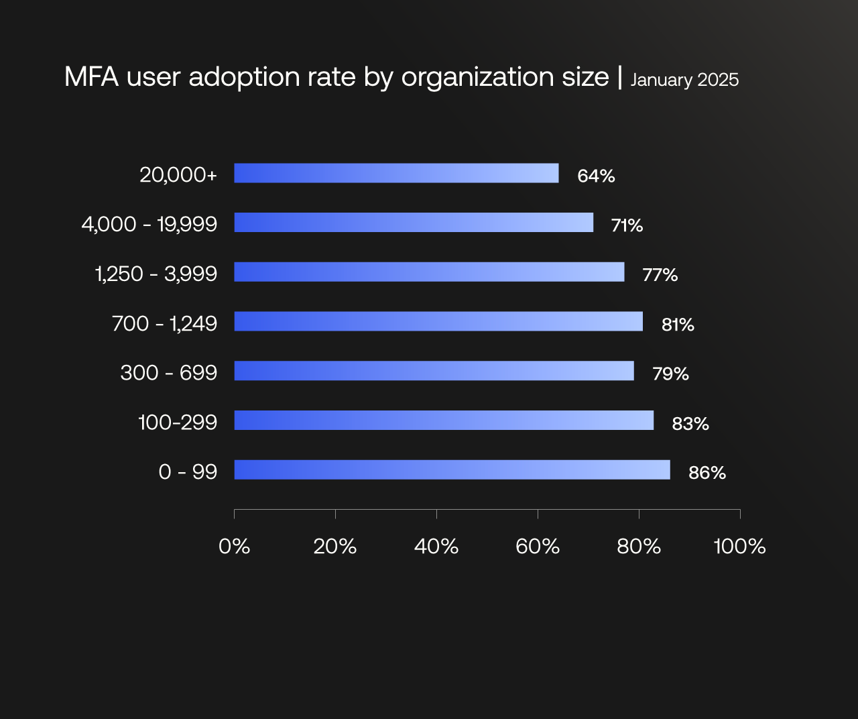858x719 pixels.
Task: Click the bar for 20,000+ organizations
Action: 396,173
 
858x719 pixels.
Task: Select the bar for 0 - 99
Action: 452,469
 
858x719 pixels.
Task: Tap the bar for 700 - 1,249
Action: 438,321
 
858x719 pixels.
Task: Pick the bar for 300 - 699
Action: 434,371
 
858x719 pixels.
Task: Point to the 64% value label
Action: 596,176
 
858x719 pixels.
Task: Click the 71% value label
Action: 627,225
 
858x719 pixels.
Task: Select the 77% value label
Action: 660,275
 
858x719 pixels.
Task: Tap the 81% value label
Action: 678,325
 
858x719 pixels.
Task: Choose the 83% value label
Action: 690,424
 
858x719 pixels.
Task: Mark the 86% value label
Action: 707,473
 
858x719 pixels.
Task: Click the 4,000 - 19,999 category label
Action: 149,224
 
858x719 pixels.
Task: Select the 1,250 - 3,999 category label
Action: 156,274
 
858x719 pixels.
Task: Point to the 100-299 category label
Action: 178,422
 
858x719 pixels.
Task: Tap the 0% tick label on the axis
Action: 234,547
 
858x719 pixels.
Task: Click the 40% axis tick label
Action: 436,547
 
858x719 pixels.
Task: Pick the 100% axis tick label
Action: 739,547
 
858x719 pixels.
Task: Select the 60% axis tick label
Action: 538,547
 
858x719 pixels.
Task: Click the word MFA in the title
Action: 91,77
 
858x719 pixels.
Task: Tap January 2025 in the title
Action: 684,80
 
